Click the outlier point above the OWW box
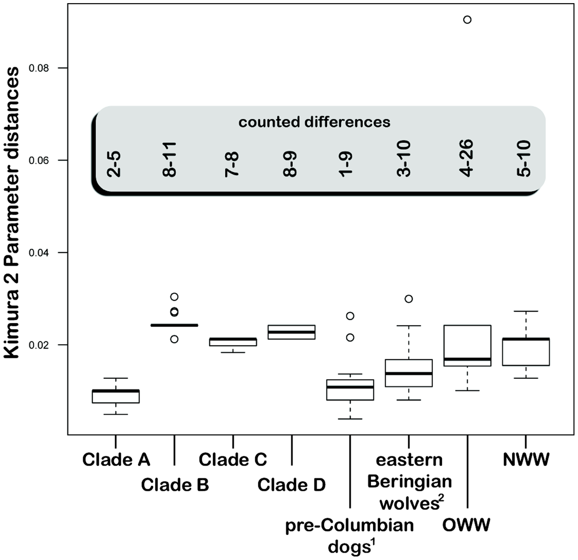tap(467, 20)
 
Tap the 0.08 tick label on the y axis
tap(39, 68)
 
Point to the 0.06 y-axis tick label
tap(39, 161)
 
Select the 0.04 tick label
tap(39, 253)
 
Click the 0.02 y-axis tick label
tap(39, 345)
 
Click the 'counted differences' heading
tap(314, 122)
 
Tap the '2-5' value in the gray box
tap(114, 164)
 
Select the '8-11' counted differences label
tap(169, 160)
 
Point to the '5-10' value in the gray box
tap(524, 159)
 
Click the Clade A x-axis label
tap(116, 459)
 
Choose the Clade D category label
tap(292, 485)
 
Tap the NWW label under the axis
tap(526, 459)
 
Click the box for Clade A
tap(115, 396)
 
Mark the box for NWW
tap(526, 352)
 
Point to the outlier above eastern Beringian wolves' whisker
tap(409, 299)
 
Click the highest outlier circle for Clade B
tap(175, 297)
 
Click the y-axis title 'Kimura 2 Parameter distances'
tap(12, 212)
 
